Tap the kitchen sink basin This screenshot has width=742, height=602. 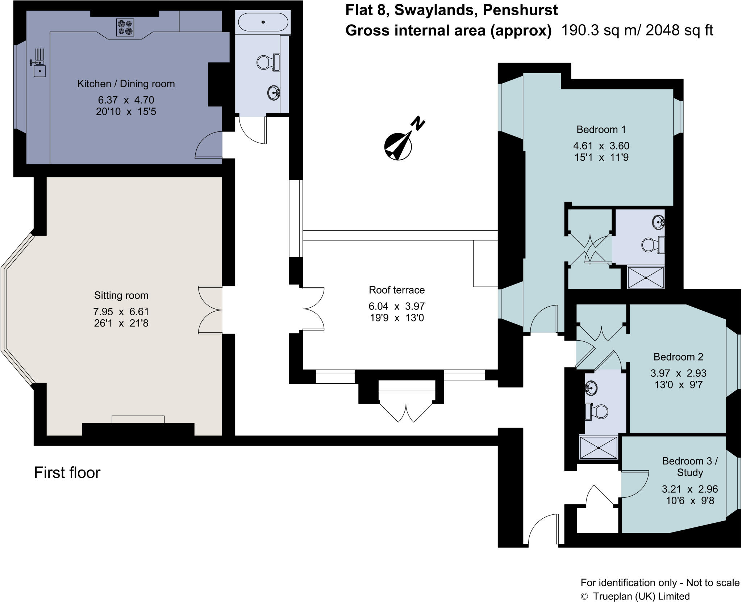pyautogui.click(x=39, y=71)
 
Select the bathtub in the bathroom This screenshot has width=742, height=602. pyautogui.click(x=263, y=22)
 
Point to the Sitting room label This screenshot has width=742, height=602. pyautogui.click(x=121, y=295)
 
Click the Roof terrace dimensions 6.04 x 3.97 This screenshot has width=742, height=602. pyautogui.click(x=396, y=306)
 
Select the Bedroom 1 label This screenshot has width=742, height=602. pyautogui.click(x=601, y=129)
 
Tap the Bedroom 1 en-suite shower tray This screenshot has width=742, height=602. pyautogui.click(x=646, y=278)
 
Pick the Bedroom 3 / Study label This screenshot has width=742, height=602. pyautogui.click(x=690, y=466)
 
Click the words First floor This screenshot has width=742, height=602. pyautogui.click(x=67, y=473)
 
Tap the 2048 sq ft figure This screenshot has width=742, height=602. pyautogui.click(x=679, y=30)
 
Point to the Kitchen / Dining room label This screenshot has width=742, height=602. pyautogui.click(x=126, y=84)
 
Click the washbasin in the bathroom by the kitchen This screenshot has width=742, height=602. pyautogui.click(x=273, y=93)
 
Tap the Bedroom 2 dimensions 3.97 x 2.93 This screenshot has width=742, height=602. pyautogui.click(x=678, y=373)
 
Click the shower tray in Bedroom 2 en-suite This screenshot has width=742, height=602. pyautogui.click(x=599, y=448)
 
